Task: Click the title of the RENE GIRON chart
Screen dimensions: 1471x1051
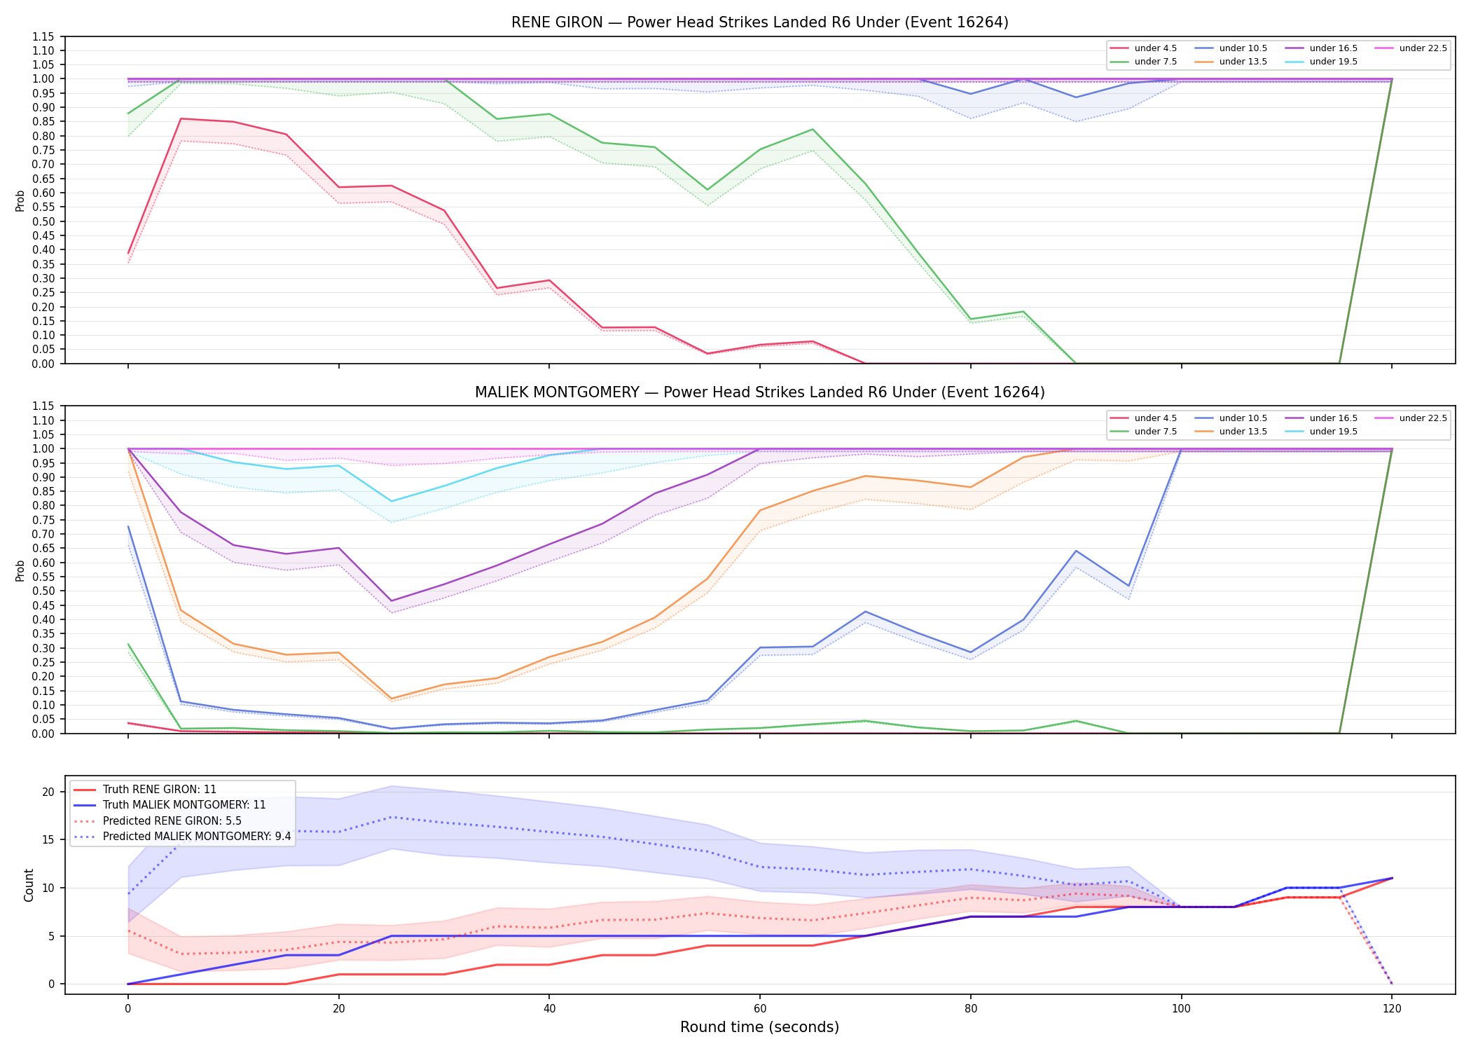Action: click(759, 22)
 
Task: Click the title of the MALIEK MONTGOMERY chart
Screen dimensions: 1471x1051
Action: click(759, 392)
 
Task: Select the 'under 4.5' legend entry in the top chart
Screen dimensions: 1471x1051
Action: click(1143, 48)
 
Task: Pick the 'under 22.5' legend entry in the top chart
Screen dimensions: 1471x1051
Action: click(1410, 48)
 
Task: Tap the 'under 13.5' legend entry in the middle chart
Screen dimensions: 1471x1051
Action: click(1231, 432)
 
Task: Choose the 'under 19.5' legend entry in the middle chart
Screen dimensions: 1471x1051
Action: click(1321, 432)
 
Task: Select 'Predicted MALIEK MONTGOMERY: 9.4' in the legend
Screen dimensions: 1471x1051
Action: click(181, 837)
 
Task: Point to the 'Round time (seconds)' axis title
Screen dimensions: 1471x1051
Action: click(759, 1027)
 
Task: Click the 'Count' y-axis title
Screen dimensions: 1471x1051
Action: click(29, 885)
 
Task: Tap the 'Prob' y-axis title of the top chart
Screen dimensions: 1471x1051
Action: click(20, 200)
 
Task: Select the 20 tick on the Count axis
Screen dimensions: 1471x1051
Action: click(48, 792)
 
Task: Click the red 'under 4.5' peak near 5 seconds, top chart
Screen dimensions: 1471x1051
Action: click(181, 118)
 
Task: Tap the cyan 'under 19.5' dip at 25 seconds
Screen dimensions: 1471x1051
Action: click(392, 501)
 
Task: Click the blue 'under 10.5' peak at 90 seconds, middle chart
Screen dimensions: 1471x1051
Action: click(1076, 551)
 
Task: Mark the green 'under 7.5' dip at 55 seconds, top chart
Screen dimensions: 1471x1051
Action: click(707, 190)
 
